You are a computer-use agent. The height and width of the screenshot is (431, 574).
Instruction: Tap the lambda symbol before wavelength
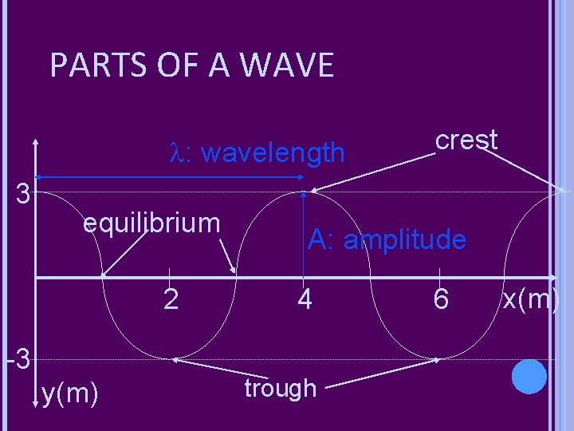pos(177,152)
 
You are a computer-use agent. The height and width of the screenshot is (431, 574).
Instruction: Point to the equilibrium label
pos(151,223)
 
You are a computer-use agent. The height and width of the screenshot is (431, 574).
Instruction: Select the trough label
pos(280,389)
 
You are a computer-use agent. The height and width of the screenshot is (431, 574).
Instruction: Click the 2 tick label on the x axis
pos(170,299)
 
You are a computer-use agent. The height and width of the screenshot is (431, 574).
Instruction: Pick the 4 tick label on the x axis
pos(304,299)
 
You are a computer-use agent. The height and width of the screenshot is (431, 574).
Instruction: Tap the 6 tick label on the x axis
pos(441,299)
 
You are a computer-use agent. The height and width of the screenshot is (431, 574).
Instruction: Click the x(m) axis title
pos(531,299)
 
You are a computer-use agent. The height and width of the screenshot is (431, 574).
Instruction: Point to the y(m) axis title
pos(70,393)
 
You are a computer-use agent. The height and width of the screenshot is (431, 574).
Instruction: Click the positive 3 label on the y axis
pos(24,194)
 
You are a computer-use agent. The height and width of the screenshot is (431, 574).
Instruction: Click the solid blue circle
pos(529,377)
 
